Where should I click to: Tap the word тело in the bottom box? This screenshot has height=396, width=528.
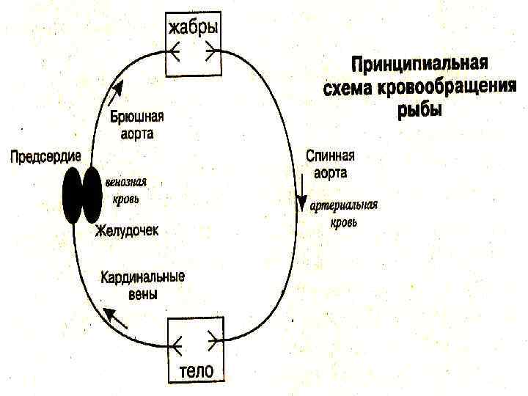click(197, 370)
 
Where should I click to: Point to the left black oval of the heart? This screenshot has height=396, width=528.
click(73, 194)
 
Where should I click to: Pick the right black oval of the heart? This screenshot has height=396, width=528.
click(92, 194)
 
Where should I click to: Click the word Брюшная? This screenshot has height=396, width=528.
click(137, 117)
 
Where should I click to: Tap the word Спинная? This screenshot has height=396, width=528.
click(330, 157)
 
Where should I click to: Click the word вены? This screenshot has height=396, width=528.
click(143, 293)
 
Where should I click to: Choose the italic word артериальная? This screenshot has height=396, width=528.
click(343, 205)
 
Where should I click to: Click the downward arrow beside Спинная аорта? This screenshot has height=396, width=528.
click(301, 198)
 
